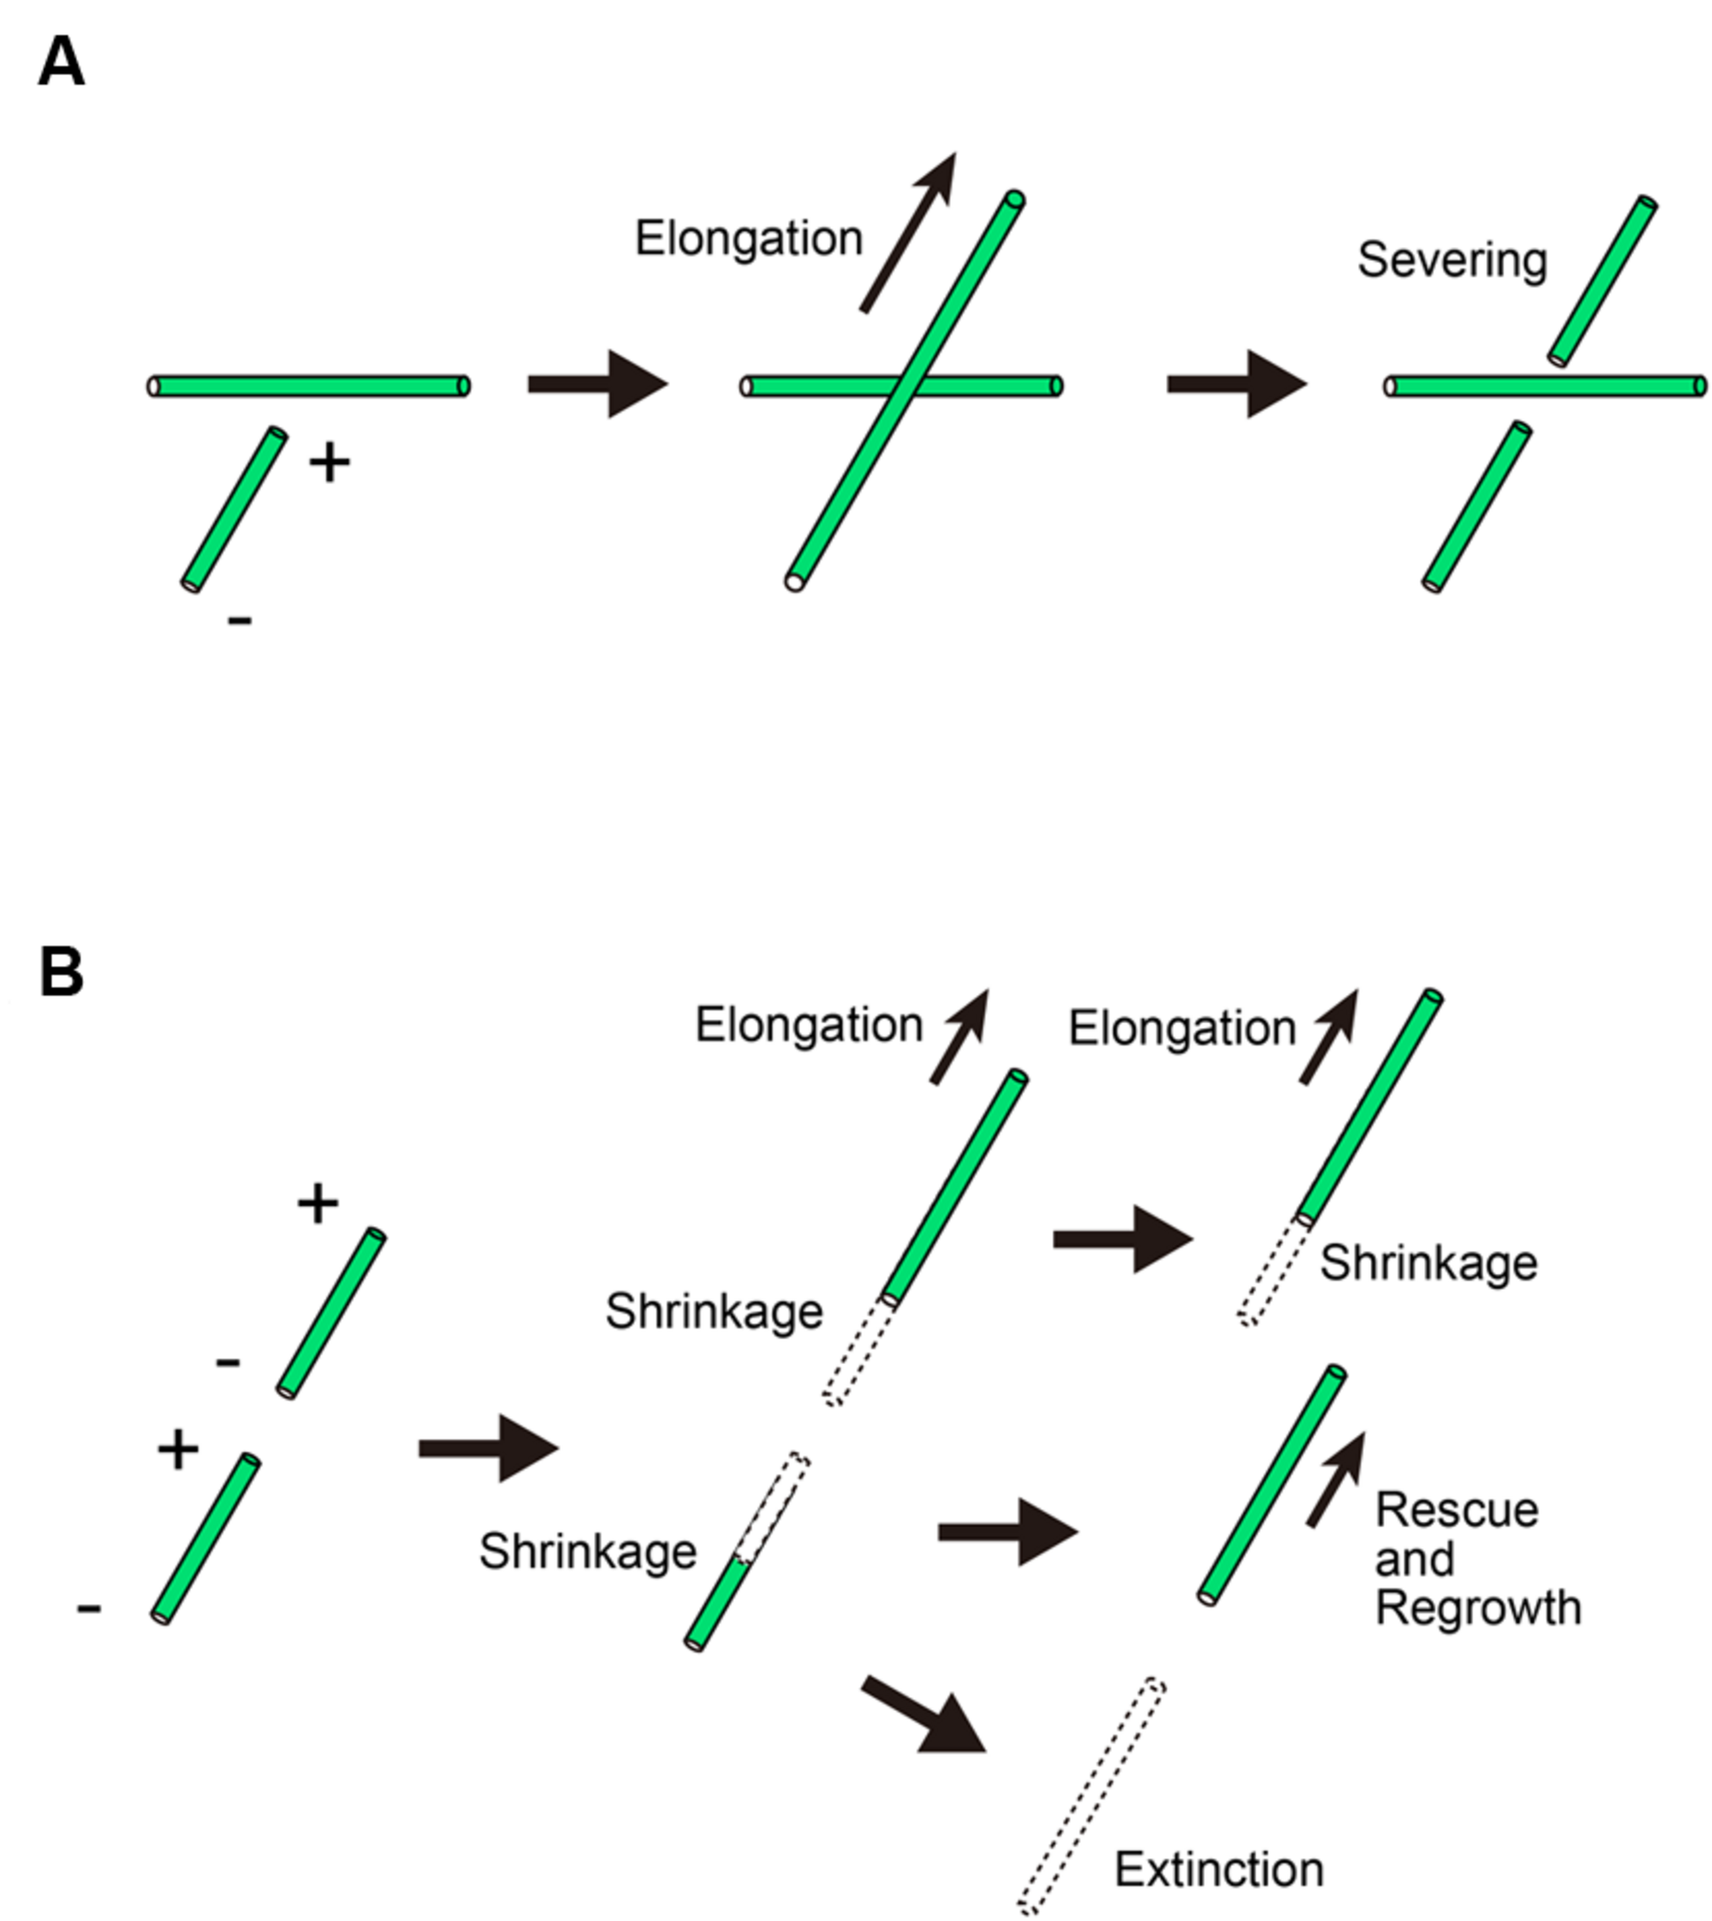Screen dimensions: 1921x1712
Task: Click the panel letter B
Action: [61, 971]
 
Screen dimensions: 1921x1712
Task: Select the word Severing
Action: [1452, 260]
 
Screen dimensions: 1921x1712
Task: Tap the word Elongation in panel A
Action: [749, 238]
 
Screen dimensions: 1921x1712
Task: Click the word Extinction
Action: [1219, 1870]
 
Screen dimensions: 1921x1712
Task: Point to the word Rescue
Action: [1456, 1510]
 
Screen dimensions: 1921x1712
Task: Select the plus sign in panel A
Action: [329, 463]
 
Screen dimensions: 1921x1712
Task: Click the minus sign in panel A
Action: [240, 619]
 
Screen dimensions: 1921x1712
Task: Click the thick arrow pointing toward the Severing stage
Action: [1236, 384]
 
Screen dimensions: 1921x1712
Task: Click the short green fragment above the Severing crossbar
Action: [1603, 281]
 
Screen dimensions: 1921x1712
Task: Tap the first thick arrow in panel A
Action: [597, 384]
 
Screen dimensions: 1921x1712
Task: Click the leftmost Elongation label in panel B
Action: [809, 1024]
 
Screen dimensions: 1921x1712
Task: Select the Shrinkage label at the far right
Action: [1428, 1262]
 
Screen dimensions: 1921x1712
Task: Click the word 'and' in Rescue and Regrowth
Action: [1414, 1559]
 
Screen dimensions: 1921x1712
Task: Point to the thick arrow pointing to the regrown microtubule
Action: [1007, 1533]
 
